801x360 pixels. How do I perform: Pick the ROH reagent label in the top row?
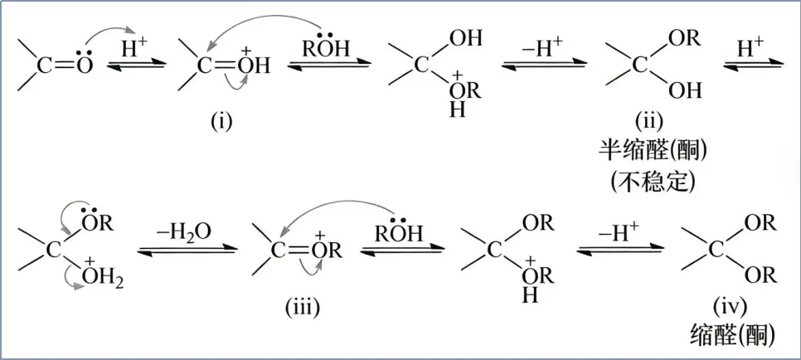click(x=325, y=49)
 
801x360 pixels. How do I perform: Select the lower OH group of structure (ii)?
click(x=684, y=89)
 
